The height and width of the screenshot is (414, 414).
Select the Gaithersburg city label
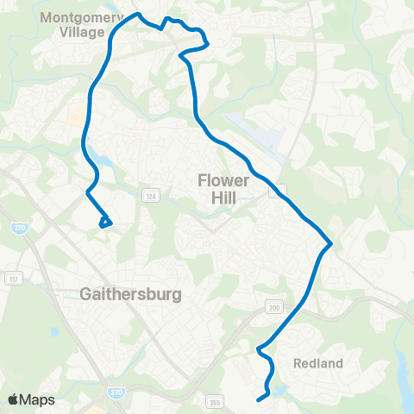(130, 294)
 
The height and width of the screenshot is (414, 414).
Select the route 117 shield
(13, 278)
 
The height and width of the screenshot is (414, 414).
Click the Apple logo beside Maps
(13, 399)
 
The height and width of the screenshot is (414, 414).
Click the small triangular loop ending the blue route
(105, 223)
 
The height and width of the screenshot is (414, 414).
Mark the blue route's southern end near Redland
(260, 398)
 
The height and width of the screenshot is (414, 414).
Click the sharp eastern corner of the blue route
(330, 245)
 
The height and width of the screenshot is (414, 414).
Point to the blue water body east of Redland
(403, 362)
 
